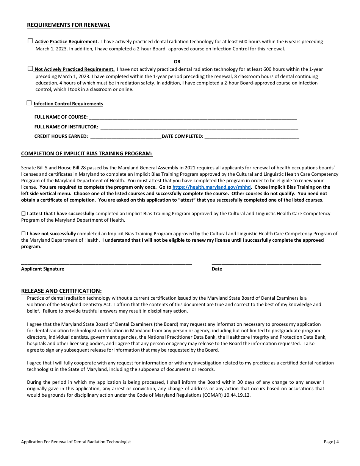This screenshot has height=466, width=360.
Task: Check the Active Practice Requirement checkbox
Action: pos(30,41)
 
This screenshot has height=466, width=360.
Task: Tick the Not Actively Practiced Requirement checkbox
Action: pos(30,69)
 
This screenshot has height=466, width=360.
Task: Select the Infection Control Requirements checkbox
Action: pos(29,103)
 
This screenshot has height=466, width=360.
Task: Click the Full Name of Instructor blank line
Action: pos(199,127)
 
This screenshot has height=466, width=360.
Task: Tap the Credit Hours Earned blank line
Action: pos(125,136)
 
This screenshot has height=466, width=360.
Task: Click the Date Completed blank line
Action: pos(252,136)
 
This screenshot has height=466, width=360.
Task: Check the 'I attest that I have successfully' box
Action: pos(23,214)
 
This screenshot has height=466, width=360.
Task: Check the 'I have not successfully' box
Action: pos(23,234)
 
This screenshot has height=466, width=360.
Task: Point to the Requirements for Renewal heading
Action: pos(69,25)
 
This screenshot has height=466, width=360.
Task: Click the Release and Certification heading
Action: pos(61,291)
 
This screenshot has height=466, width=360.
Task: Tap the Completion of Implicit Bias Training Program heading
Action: pos(87,153)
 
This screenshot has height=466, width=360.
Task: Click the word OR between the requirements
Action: pos(177,61)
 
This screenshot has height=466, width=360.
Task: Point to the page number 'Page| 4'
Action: pos(331,442)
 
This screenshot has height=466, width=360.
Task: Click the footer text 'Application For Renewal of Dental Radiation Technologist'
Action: pos(76,442)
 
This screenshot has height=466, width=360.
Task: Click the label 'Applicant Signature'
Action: pos(42,269)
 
